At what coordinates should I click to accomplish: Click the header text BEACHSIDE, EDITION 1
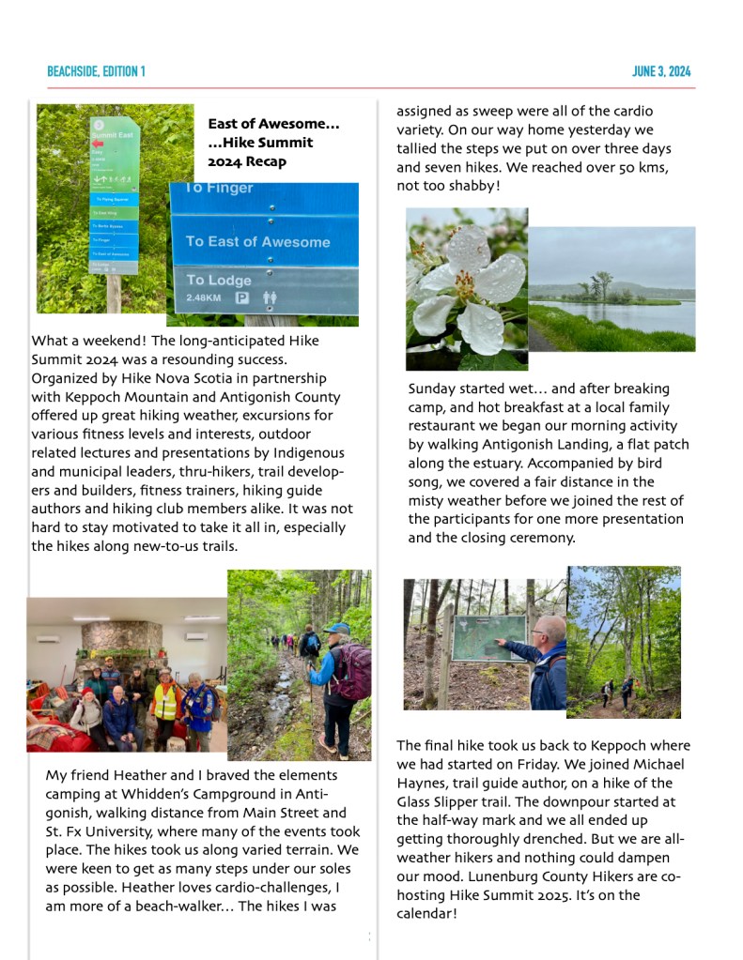(96, 71)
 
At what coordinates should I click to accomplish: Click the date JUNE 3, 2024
(661, 71)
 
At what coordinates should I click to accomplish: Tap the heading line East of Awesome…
(273, 124)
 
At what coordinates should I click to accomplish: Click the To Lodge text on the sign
(219, 280)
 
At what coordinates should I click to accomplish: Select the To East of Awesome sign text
(257, 241)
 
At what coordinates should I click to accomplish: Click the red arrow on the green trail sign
(99, 144)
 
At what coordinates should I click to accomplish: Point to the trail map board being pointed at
(488, 638)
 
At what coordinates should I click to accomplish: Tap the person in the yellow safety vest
(165, 699)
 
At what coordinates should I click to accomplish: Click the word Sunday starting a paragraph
(434, 389)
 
